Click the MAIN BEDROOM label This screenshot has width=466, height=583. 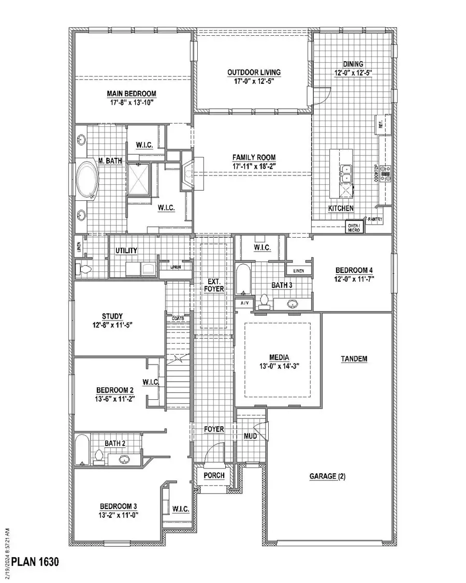132,93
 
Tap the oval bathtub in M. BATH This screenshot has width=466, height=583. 87,179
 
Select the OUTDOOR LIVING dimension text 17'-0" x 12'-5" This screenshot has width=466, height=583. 254,81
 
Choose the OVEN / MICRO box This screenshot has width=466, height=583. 355,226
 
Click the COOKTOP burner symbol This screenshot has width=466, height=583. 385,173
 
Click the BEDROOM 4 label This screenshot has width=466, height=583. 354,270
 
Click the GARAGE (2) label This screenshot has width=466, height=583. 327,476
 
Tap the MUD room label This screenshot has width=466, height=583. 251,436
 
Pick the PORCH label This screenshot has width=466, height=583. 214,475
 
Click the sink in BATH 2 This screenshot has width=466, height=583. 124,459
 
